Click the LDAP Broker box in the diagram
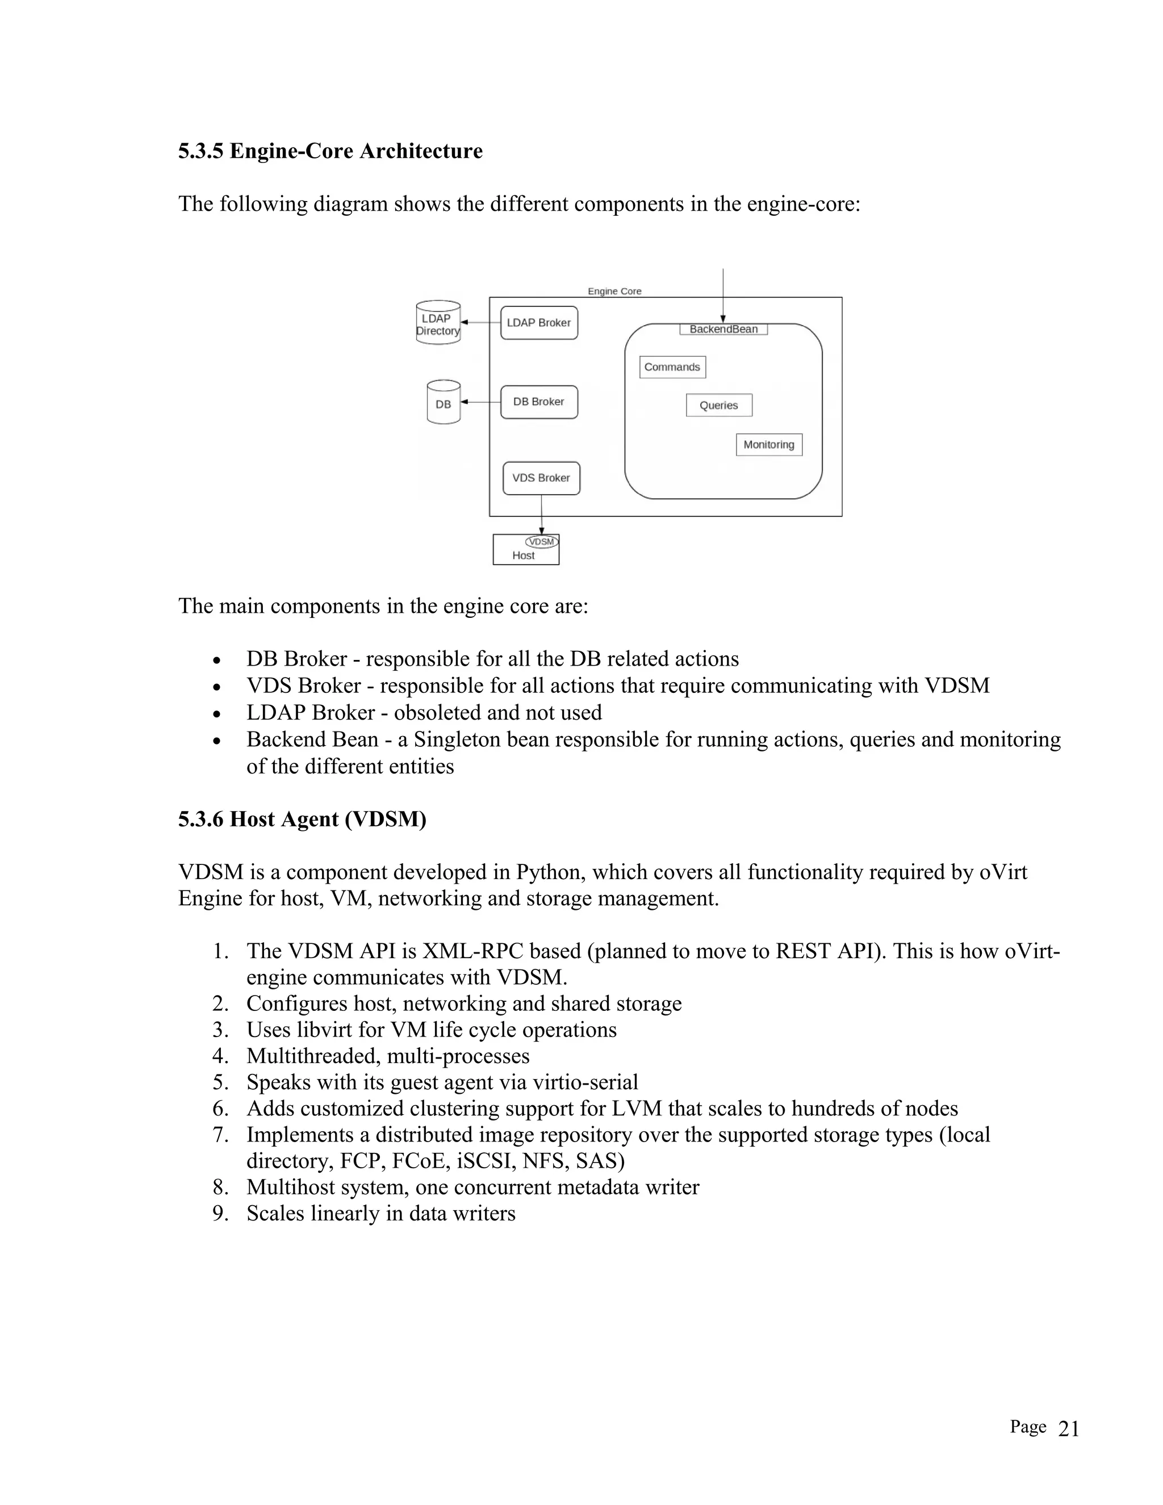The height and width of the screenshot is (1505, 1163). (539, 323)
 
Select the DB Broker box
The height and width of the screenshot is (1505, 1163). (539, 402)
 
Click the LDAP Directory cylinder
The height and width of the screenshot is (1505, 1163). (438, 323)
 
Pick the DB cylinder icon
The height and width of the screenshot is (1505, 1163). (443, 403)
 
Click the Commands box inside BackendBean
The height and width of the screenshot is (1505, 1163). (672, 367)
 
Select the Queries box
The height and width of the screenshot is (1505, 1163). (718, 405)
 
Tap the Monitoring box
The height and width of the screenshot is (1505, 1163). (769, 445)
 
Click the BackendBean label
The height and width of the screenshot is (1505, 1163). (723, 329)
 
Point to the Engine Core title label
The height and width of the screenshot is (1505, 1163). (614, 291)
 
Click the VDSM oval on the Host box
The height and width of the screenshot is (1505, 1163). (542, 542)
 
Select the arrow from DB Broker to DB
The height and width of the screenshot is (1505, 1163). (480, 402)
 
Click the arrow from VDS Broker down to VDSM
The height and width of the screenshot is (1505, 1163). (542, 514)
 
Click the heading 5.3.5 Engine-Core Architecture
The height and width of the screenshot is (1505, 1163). (330, 151)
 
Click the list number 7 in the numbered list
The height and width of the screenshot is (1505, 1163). (220, 1134)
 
